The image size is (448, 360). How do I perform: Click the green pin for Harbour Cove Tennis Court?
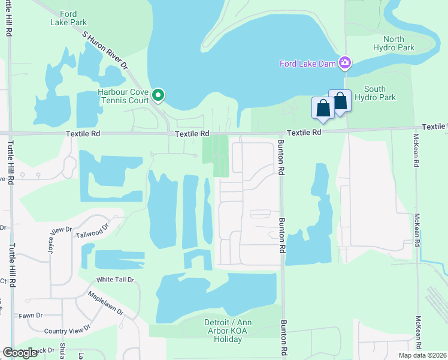coord(159,95)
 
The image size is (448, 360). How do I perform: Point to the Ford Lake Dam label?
coord(308,63)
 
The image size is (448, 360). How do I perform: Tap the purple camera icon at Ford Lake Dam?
coord(345,62)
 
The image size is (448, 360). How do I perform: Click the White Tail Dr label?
coord(116,280)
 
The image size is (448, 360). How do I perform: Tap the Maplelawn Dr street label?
coord(105,304)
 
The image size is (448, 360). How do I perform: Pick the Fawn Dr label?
coord(30,316)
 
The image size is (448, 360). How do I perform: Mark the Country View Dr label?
coord(67,330)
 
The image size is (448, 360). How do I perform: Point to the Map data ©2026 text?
coord(422,355)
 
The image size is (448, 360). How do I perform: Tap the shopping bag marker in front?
coord(322,109)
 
